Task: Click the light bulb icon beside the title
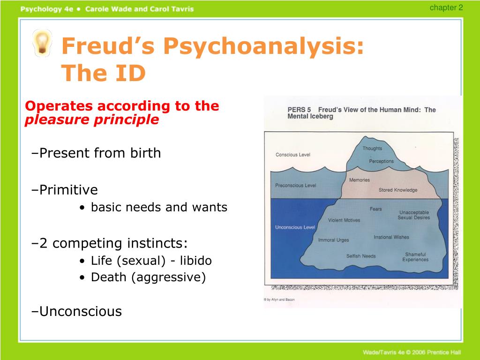[x=42, y=43]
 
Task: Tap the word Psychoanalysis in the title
[x=263, y=46]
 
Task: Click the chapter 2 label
[x=446, y=7]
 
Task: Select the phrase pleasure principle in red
[x=92, y=120]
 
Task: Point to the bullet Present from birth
[x=96, y=153]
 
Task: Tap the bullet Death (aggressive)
[x=142, y=277]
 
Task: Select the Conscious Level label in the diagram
[x=292, y=155]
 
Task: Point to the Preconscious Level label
[x=295, y=185]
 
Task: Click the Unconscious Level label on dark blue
[x=295, y=227]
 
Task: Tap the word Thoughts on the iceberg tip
[x=372, y=148]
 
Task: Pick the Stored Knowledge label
[x=398, y=190]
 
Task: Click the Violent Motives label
[x=344, y=220]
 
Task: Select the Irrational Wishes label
[x=391, y=237]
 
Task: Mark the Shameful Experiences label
[x=415, y=257]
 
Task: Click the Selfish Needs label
[x=361, y=256]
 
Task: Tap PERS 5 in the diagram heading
[x=299, y=110]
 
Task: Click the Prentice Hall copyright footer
[x=412, y=352]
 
